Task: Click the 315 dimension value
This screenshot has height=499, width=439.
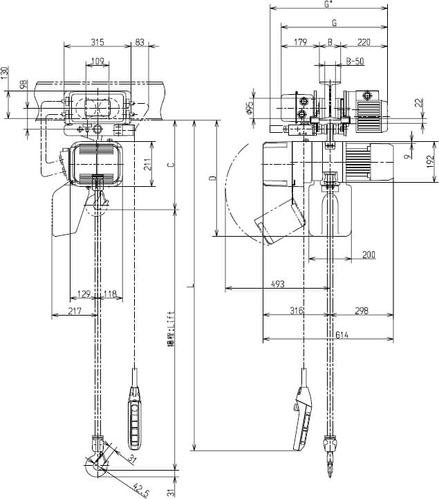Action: [x=97, y=42]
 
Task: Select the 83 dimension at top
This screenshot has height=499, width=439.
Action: [x=140, y=42]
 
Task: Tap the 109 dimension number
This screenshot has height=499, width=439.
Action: [x=97, y=62]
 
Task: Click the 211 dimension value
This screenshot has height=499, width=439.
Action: [x=146, y=165]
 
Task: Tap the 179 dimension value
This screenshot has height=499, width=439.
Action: [x=299, y=42]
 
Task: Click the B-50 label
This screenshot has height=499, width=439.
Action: [x=355, y=61]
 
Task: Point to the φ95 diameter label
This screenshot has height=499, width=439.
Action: [x=251, y=109]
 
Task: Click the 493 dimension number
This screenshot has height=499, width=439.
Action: [x=279, y=284]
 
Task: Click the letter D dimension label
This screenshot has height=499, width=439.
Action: [x=212, y=179]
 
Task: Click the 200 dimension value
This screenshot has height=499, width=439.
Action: [x=368, y=255]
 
